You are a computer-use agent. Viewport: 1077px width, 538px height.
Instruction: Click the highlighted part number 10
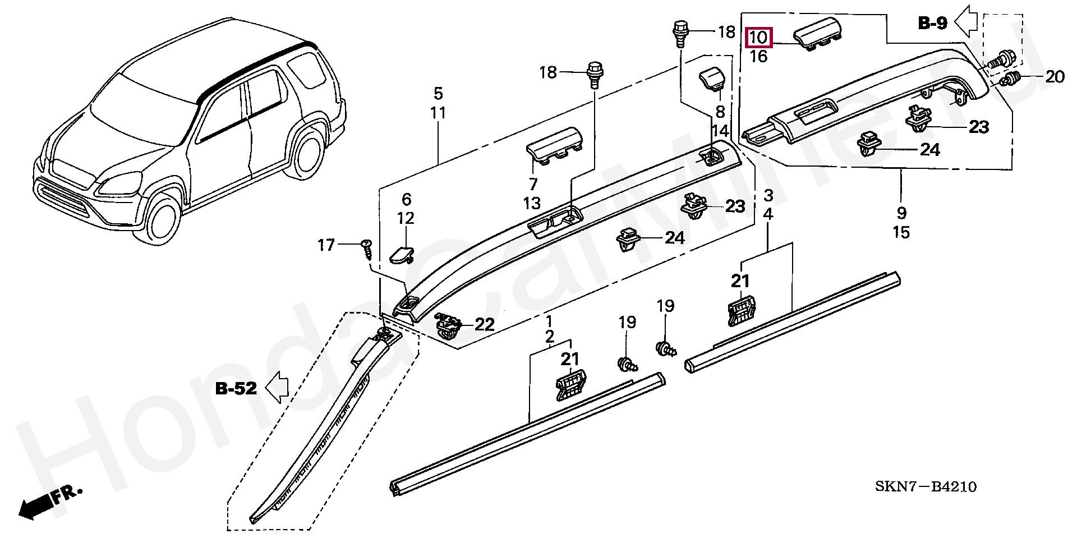(758, 38)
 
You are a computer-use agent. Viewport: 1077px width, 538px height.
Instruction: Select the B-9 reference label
(933, 23)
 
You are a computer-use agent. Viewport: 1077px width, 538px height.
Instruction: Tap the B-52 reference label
(236, 388)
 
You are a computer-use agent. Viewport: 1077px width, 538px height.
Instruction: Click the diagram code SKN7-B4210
(926, 486)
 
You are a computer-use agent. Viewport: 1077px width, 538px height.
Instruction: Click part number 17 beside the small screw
(326, 245)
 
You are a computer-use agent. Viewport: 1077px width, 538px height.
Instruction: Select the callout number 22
(485, 324)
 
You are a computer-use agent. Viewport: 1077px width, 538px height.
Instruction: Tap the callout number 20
(1055, 76)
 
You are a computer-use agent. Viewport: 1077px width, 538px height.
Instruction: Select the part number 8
(720, 112)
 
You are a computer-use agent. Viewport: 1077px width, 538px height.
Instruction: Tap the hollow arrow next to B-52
(277, 387)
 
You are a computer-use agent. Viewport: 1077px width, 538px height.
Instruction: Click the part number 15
(901, 232)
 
